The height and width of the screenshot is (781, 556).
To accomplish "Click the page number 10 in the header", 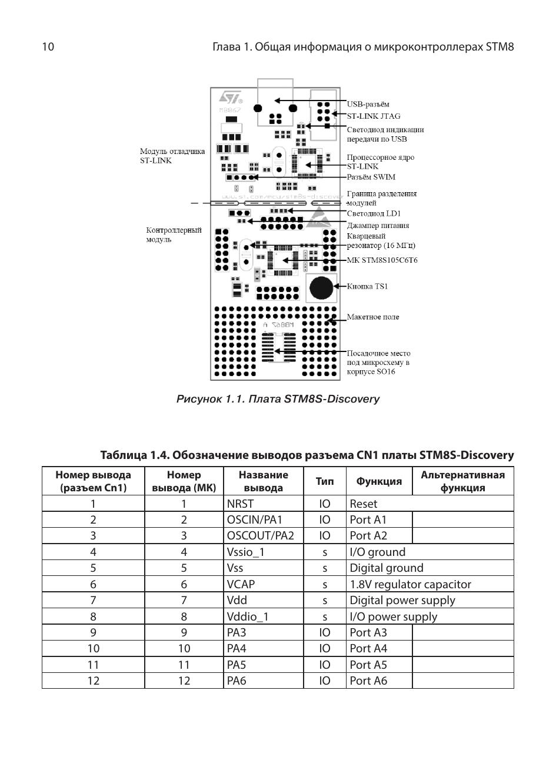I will click(48, 46).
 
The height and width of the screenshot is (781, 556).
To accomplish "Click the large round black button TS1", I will click(321, 287).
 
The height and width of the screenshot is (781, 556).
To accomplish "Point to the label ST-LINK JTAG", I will click(374, 116).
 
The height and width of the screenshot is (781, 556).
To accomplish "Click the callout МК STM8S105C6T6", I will click(382, 260).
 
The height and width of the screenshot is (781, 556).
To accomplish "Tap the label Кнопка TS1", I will click(367, 286).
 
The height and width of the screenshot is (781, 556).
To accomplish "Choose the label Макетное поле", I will click(372, 317).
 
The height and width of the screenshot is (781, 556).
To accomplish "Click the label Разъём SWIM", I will click(371, 177).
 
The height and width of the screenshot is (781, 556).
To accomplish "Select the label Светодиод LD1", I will click(374, 213).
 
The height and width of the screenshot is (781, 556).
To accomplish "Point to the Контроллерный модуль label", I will click(174, 234).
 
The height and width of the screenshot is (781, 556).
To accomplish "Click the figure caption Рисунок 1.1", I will click(278, 399).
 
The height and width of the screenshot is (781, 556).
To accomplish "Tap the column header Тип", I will click(324, 481).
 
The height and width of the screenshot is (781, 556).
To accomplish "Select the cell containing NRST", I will click(240, 504).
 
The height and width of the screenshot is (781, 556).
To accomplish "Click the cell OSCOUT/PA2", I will click(260, 535).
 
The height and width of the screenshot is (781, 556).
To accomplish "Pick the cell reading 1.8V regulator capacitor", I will click(410, 584).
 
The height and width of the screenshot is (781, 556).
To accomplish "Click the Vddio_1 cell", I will click(247, 616).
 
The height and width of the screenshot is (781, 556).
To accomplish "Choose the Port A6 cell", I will click(368, 681).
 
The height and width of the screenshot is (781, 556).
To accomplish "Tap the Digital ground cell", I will click(386, 568).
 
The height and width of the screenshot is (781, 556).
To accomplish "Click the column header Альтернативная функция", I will click(462, 481).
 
